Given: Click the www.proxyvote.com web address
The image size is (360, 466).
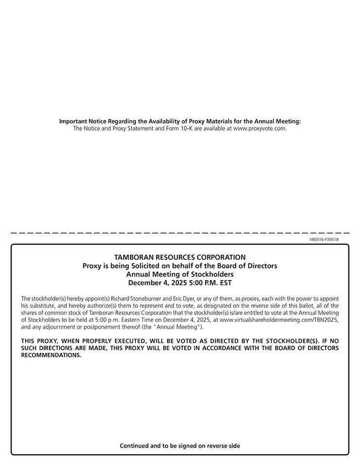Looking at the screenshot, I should click(x=260, y=129).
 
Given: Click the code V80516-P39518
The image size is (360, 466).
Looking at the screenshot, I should click(x=324, y=239).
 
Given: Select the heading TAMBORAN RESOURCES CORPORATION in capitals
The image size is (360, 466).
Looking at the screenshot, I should click(x=180, y=257).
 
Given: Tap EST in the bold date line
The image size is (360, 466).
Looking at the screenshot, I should click(x=225, y=283).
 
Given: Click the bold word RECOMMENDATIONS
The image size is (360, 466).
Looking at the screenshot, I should click(x=51, y=355).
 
